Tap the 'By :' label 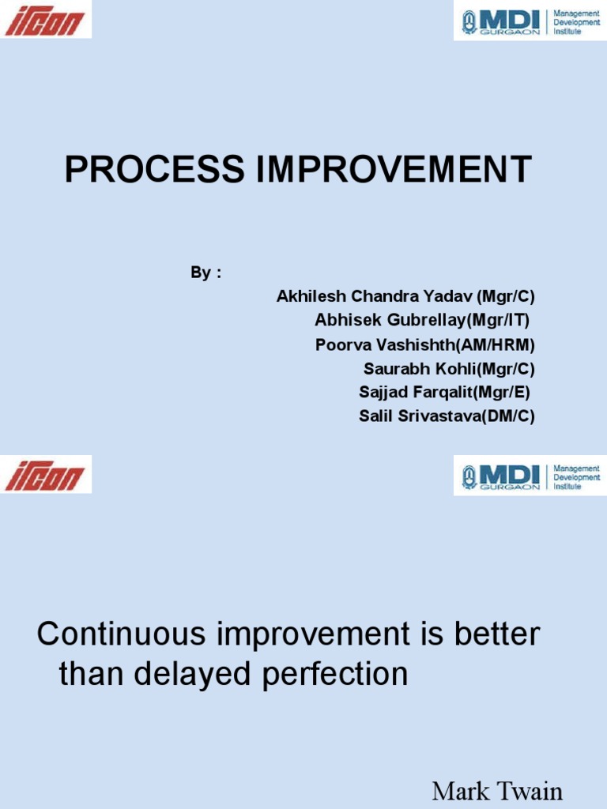tap(205, 273)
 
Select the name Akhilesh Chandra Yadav tap(375, 297)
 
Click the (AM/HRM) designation tap(503, 344)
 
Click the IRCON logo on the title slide tap(45, 20)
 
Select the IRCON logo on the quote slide tap(45, 476)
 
